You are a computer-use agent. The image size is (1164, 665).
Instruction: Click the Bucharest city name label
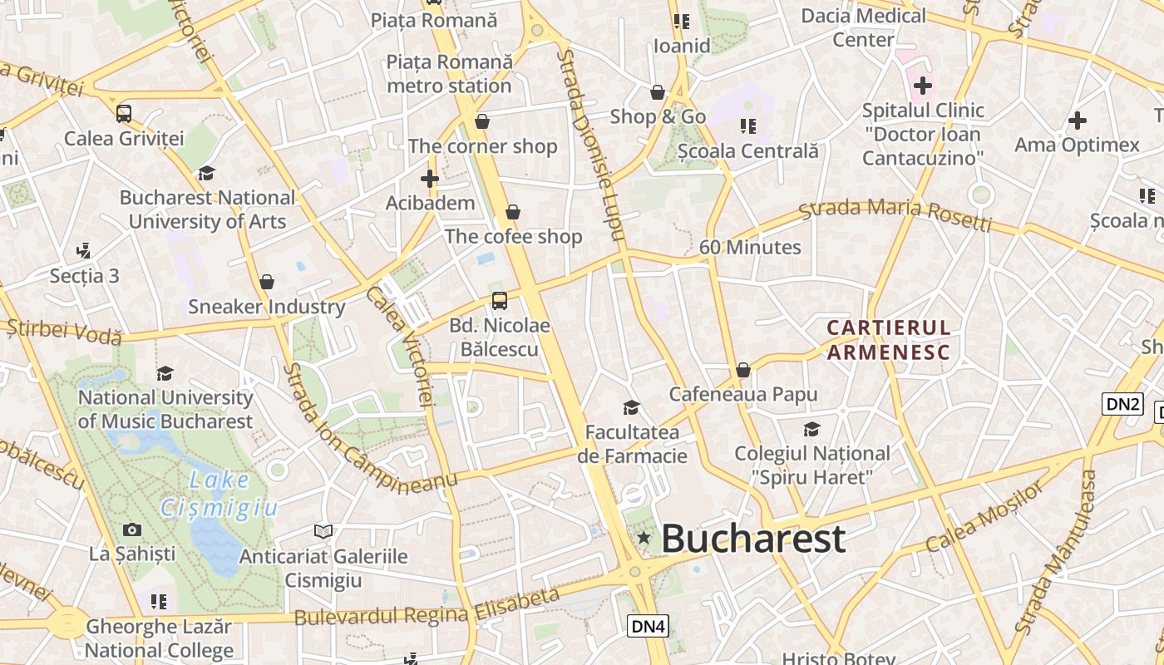click(753, 539)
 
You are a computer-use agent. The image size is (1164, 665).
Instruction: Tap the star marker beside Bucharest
click(644, 539)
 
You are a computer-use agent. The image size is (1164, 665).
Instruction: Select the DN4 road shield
click(648, 626)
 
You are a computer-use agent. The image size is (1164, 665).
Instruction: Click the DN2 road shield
click(1122, 404)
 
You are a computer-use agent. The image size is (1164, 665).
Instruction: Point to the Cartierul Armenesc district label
click(888, 339)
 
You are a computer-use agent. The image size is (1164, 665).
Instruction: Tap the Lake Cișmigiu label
click(219, 493)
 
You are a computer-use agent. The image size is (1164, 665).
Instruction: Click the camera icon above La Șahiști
click(131, 530)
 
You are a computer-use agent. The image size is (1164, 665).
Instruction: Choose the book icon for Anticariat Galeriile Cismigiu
click(323, 531)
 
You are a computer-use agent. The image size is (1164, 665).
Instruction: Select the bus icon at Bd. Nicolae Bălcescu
click(499, 301)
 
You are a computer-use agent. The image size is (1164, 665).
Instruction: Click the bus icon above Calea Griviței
click(124, 114)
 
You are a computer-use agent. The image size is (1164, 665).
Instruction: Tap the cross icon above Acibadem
click(429, 178)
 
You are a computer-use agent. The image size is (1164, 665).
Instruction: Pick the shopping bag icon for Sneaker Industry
click(266, 282)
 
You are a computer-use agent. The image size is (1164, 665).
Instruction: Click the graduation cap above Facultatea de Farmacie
click(632, 407)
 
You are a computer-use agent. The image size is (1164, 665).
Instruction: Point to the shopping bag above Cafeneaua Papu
click(743, 370)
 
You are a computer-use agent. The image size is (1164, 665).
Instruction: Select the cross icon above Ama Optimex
click(1077, 121)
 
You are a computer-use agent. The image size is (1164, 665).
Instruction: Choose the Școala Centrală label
click(747, 151)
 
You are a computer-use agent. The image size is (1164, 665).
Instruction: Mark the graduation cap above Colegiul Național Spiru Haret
click(811, 429)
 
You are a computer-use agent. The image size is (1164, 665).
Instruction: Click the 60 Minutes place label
click(750, 247)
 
